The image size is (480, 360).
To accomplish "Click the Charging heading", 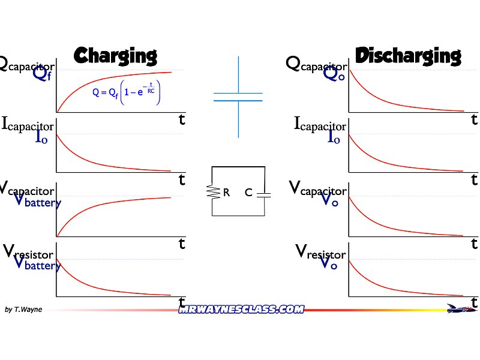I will [115, 56].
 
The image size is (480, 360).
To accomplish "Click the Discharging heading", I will [408, 56].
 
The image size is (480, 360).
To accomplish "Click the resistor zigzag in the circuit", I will [212, 192].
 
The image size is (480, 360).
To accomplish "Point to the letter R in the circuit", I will [226, 193].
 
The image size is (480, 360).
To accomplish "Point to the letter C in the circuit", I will [248, 193].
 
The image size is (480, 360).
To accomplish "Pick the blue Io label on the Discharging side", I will [334, 137].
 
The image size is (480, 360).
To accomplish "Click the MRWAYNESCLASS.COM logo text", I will [241, 310].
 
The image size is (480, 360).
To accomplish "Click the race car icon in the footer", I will [460, 308].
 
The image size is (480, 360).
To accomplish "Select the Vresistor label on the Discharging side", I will [321, 252].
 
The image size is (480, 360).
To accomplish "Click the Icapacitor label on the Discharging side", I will [320, 125].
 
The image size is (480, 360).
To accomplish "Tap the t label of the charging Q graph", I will [182, 119].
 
